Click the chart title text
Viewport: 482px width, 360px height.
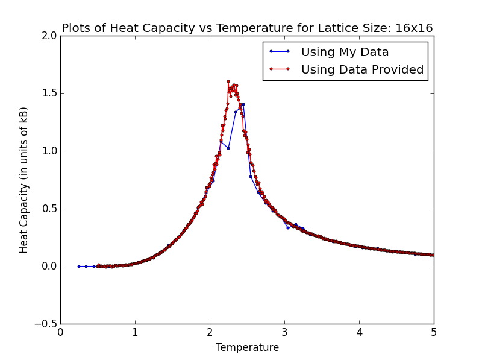(247, 28)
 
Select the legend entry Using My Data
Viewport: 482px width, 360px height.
(345, 52)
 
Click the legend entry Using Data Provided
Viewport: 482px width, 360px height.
(362, 69)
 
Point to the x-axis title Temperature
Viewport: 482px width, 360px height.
(247, 348)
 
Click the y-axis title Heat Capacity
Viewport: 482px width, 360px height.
(24, 180)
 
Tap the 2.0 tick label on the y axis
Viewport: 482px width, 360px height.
(49, 36)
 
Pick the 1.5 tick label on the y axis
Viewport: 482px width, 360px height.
(49, 93)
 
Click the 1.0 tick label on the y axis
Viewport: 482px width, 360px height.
(49, 151)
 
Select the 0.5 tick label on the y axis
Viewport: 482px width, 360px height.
(49, 209)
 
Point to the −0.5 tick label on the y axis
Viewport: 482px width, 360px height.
(46, 324)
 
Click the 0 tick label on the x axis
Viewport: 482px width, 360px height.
(60, 332)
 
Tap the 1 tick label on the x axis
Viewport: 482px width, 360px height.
(135, 332)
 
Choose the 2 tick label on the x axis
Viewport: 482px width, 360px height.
(210, 332)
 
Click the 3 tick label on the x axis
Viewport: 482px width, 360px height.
(284, 332)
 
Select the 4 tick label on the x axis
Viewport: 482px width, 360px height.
(359, 332)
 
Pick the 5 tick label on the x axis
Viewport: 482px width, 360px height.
(434, 332)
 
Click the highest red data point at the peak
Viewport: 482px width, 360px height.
(228, 81)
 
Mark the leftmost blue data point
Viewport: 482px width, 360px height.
(78, 266)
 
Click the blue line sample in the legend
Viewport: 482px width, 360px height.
(280, 52)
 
